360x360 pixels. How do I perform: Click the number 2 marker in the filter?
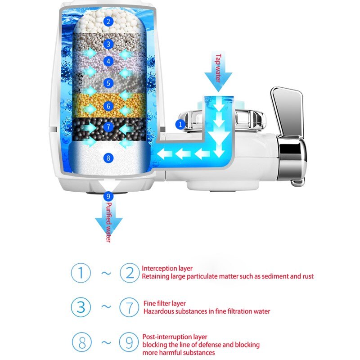pyautogui.click(x=108, y=21)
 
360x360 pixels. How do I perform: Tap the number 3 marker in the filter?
pyautogui.click(x=108, y=44)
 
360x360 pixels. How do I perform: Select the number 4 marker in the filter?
pyautogui.click(x=108, y=61)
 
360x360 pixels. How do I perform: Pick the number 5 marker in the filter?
pyautogui.click(x=108, y=83)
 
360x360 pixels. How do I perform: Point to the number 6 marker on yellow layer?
pyautogui.click(x=108, y=106)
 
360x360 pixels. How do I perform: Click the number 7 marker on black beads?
pyautogui.click(x=108, y=127)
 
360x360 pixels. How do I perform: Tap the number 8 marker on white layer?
pyautogui.click(x=108, y=157)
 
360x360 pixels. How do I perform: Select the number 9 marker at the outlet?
pyautogui.click(x=108, y=196)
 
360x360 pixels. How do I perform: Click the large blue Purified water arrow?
pyautogui.click(x=108, y=220)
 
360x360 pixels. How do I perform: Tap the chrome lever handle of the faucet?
pyautogui.click(x=287, y=110)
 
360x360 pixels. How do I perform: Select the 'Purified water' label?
pyautogui.click(x=108, y=221)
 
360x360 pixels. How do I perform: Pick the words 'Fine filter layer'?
pyautogui.click(x=164, y=303)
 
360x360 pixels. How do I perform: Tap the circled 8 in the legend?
pyautogui.click(x=81, y=342)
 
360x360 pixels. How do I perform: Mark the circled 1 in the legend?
pyautogui.click(x=81, y=273)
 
